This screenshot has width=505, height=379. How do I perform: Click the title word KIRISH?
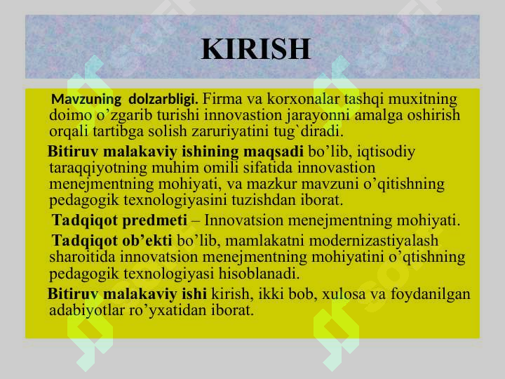[x=256, y=49]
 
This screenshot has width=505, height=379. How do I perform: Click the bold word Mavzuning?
[x=86, y=99]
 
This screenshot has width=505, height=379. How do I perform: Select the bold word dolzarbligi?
[x=163, y=99]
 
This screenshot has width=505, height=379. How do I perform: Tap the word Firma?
[x=222, y=99]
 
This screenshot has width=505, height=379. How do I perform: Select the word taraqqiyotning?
[x=98, y=168]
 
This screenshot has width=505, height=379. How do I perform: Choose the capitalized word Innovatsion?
[x=244, y=220]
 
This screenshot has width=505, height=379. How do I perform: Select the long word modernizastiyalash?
[x=374, y=241]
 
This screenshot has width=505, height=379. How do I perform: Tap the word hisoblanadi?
[x=259, y=274]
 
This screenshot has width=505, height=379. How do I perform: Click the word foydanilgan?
[x=431, y=294]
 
